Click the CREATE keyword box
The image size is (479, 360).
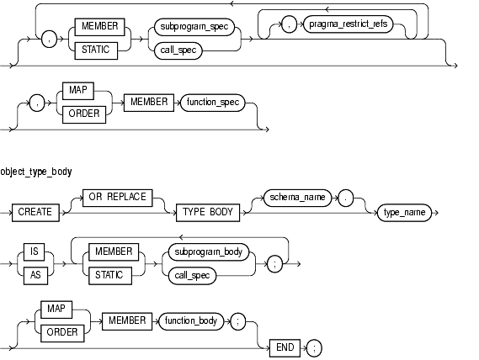coord(35,212)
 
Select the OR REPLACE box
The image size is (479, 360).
coord(118,198)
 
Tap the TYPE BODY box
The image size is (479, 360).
coord(208,212)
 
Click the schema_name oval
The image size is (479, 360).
coord(297,198)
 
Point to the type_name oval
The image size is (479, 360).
coord(404,213)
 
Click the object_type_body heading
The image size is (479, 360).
coord(36,172)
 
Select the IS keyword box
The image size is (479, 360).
coord(35,251)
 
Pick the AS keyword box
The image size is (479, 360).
coord(35,275)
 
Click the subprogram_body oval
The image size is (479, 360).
coord(208,251)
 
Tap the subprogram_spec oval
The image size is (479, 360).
coord(194,27)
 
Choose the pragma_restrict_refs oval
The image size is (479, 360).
coord(349,24)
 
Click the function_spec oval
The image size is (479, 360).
coord(213,103)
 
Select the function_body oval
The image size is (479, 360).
coord(191,321)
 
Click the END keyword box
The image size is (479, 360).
coord(285,347)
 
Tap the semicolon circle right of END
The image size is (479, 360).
coord(314,348)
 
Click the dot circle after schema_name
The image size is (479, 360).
coord(345,198)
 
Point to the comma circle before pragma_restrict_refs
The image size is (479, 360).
coord(289,24)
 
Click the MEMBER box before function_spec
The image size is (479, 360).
coord(149,103)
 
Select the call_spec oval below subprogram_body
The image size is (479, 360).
coord(192,276)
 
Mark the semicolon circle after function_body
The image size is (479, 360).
coord(238,321)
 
